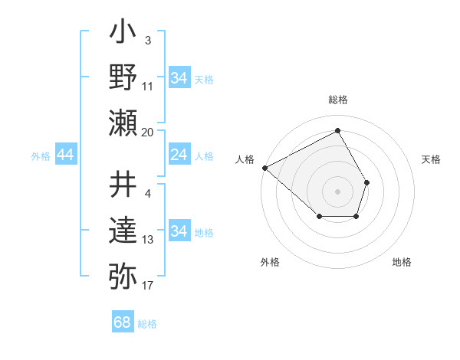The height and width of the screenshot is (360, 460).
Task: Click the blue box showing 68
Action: tap(123, 322)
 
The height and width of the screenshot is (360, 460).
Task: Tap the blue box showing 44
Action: tap(65, 155)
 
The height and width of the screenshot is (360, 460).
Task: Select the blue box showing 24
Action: tap(179, 155)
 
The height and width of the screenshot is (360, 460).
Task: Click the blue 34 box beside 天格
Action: tap(179, 78)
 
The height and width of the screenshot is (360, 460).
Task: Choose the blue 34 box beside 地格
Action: tap(179, 231)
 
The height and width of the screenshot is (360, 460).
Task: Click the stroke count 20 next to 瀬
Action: tap(148, 133)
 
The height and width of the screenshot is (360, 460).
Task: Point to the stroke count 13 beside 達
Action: tap(148, 240)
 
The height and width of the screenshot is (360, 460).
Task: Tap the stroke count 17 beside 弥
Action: tap(148, 286)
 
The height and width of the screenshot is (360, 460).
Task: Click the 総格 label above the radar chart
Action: tap(337, 100)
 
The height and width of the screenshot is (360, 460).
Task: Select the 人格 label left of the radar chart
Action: tap(245, 159)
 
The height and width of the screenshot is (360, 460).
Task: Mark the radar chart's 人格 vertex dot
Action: tap(264, 168)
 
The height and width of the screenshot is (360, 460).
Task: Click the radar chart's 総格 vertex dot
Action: tap(337, 130)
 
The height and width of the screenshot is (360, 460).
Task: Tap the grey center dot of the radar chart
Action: tap(337, 191)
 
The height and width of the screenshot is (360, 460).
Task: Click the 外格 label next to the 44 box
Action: tap(41, 156)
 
